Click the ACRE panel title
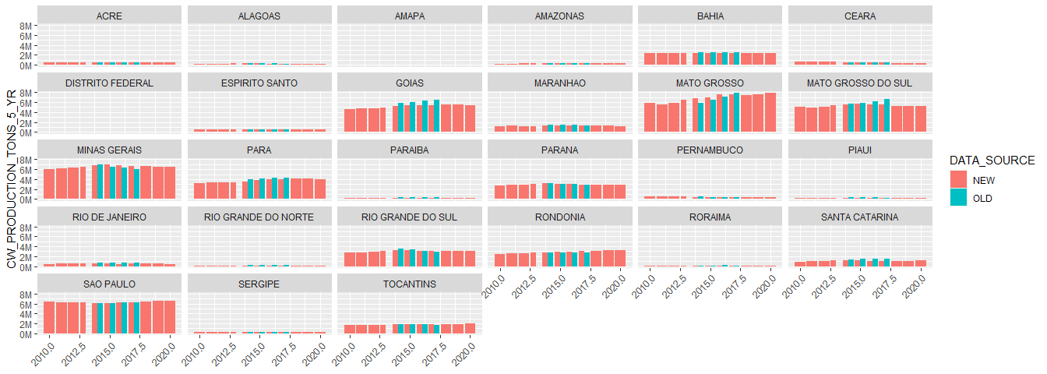[109, 16]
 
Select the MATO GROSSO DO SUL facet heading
[860, 83]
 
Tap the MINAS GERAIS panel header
[109, 150]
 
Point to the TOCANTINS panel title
[410, 284]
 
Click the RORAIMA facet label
[710, 217]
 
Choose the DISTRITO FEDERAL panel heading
[109, 83]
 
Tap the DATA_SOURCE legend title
[991, 161]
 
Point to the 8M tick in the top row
[26, 26]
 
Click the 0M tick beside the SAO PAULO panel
[26, 334]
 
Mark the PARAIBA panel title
[410, 150]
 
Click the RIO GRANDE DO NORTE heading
[259, 217]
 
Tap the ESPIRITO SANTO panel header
[259, 83]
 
